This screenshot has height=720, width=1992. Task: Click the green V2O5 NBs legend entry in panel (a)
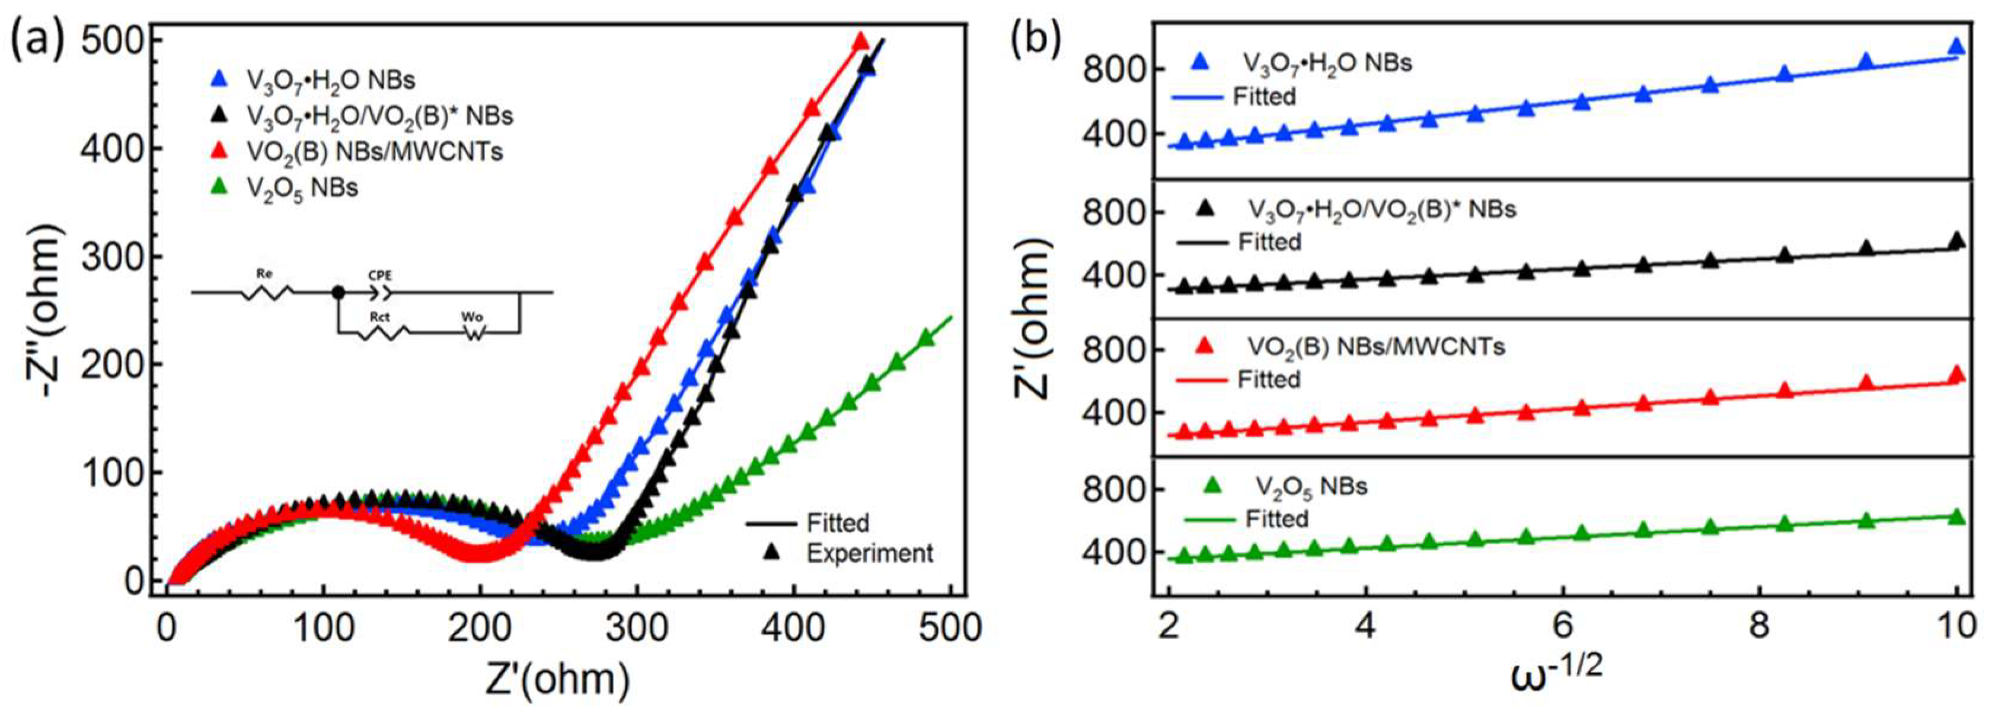302,187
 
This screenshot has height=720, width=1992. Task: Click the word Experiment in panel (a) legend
869,554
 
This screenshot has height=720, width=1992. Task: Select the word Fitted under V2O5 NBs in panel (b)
1276,518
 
